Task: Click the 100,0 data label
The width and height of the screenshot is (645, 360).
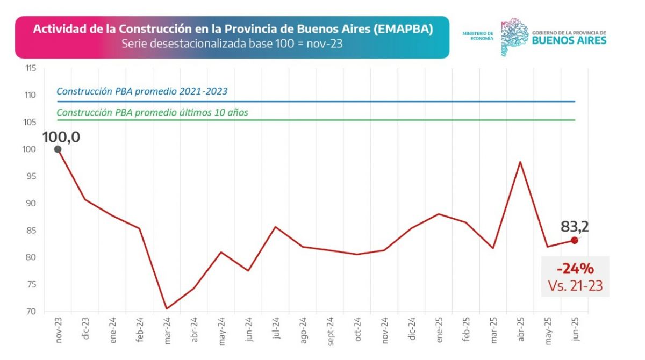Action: [61, 137]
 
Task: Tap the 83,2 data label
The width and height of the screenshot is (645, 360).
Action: [575, 226]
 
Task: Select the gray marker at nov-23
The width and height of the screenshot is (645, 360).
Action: [58, 149]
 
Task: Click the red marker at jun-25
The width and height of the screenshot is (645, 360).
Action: [575, 240]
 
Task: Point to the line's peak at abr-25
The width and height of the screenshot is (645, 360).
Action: [520, 162]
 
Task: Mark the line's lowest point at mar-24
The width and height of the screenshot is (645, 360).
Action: [167, 308]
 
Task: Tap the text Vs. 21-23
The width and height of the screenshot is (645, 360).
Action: [575, 286]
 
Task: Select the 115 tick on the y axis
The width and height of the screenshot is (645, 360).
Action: [30, 68]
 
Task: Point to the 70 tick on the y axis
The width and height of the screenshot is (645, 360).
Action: [31, 312]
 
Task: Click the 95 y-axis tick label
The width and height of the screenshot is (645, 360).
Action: [31, 176]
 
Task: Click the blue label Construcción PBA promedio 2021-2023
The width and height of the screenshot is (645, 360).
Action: [142, 91]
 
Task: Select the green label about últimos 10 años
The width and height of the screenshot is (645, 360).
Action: [152, 113]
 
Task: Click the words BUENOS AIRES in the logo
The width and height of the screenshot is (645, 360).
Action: [569, 41]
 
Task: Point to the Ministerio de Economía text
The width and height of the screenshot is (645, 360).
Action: [477, 36]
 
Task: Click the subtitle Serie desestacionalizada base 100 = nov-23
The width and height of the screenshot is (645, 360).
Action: [232, 44]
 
